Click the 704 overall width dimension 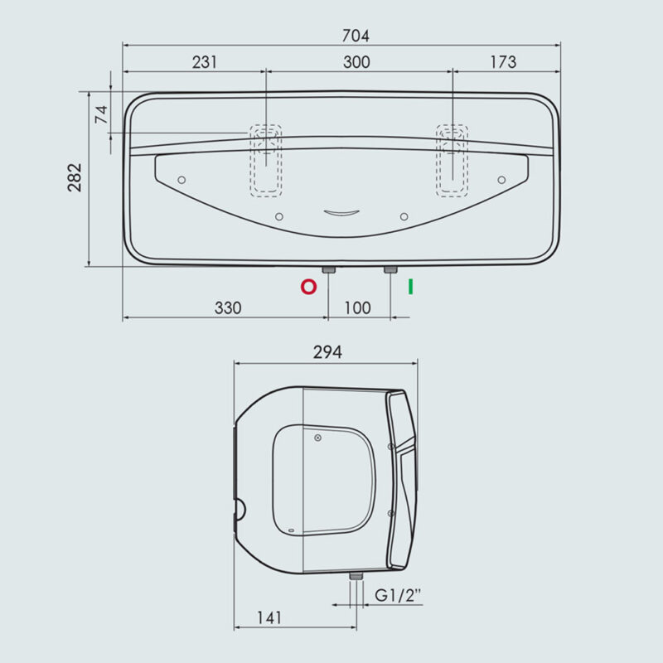[356, 36]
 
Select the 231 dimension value [205, 62]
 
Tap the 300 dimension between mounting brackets [356, 62]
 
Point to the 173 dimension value [503, 62]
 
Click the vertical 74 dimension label [101, 114]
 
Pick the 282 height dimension [75, 177]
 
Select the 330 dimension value [228, 307]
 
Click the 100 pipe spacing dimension [358, 307]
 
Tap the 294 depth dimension [327, 351]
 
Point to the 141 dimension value [269, 618]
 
